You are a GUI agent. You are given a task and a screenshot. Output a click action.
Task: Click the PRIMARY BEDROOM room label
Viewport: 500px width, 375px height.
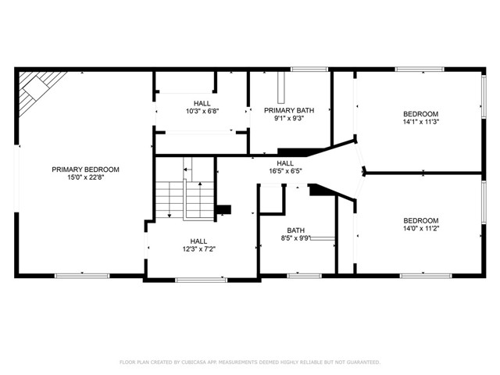(85, 170)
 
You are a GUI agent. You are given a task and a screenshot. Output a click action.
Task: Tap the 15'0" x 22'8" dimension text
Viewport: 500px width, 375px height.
(85, 177)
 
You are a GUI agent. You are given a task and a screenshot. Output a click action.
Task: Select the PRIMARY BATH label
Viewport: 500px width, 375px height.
(289, 110)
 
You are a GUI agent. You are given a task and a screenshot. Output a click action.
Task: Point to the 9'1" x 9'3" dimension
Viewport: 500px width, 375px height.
(289, 118)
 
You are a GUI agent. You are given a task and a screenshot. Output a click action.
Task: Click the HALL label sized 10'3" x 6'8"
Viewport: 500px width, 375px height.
(202, 103)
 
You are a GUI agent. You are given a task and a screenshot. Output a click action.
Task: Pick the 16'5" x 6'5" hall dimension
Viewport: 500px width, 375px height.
(285, 171)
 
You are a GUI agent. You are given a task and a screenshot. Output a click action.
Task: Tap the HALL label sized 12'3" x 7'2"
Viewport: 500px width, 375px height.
(198, 241)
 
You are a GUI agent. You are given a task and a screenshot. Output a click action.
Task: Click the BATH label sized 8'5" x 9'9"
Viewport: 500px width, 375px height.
(295, 230)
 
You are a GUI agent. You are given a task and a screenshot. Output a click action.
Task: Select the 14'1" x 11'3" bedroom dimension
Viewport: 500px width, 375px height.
(421, 122)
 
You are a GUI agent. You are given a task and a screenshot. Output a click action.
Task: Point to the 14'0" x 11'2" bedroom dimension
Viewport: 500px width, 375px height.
(421, 228)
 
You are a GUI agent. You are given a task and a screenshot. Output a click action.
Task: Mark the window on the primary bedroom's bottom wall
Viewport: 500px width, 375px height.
(82, 276)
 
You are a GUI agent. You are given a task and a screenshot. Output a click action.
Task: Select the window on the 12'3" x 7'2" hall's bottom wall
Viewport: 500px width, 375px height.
(202, 280)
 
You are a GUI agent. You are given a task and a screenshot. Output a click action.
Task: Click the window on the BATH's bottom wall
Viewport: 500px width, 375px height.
(305, 276)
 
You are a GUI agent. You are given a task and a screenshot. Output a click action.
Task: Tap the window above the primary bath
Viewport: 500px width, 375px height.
(309, 70)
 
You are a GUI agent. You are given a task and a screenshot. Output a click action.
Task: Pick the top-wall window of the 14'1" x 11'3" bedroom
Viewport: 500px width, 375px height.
(420, 70)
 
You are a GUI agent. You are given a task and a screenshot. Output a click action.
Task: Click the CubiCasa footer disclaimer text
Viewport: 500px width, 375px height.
(250, 362)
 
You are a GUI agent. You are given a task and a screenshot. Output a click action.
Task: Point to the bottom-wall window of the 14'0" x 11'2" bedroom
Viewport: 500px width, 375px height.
(426, 276)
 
